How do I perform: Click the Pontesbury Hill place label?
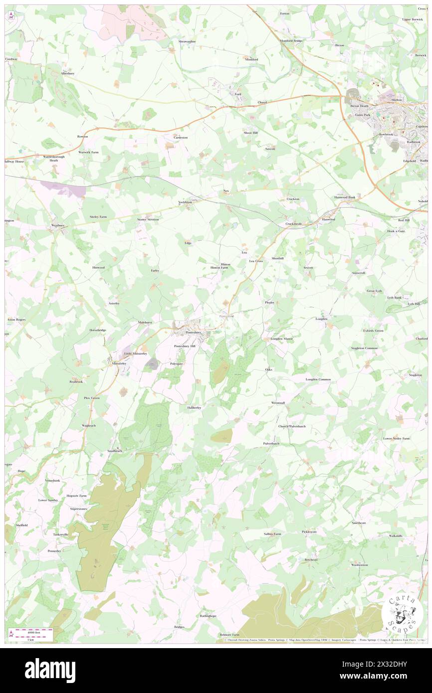click(185, 346)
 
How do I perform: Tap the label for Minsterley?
click(118, 363)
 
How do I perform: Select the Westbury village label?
click(58, 225)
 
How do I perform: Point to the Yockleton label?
click(185, 202)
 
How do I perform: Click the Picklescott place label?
click(309, 532)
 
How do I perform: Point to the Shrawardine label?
click(187, 41)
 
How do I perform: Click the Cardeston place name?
click(180, 137)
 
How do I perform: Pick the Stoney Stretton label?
click(148, 219)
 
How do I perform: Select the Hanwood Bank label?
click(345, 197)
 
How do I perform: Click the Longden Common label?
click(318, 379)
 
